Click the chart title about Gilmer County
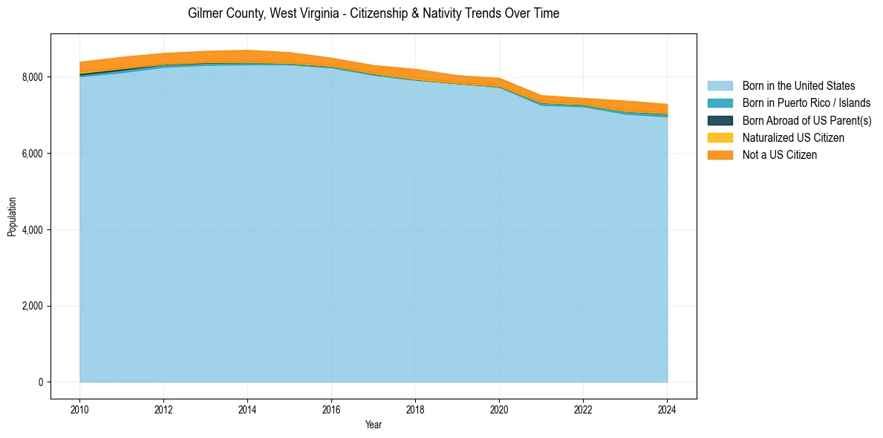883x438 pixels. pyautogui.click(x=374, y=13)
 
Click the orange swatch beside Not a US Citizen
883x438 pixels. pyautogui.click(x=720, y=154)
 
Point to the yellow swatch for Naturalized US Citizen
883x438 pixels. pyautogui.click(x=720, y=137)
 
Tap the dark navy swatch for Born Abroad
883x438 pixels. pyautogui.click(x=720, y=120)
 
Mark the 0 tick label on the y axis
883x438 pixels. pyautogui.click(x=41, y=382)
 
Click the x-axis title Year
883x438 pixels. pyautogui.click(x=374, y=425)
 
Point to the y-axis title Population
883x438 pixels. pyautogui.click(x=12, y=216)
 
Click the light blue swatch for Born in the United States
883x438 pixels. pyautogui.click(x=720, y=86)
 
